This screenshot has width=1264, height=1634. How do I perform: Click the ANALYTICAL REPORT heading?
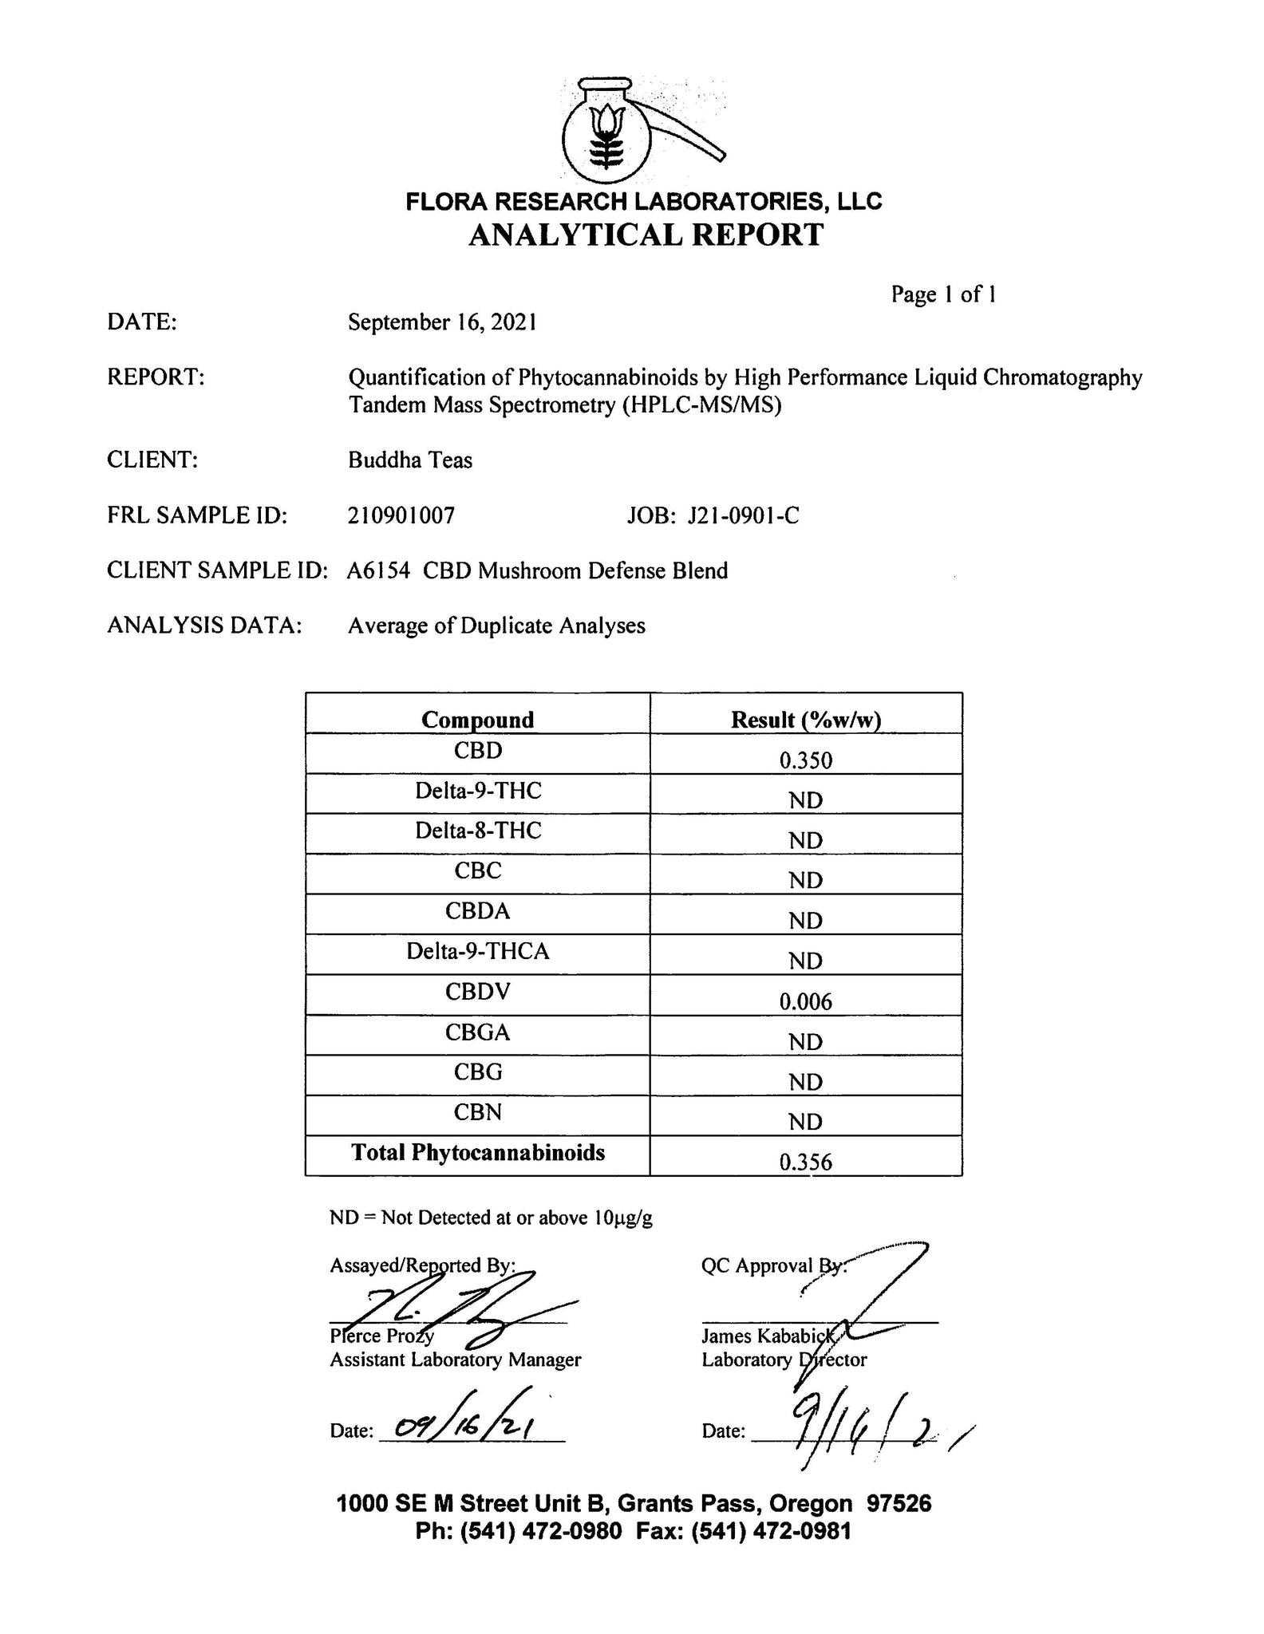point(645,235)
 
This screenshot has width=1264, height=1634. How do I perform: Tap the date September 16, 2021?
point(442,322)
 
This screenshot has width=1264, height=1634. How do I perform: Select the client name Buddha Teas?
point(410,460)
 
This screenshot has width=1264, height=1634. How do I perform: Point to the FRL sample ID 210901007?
point(401,515)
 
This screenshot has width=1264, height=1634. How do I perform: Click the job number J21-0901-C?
point(743,515)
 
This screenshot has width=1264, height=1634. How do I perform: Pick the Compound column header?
point(477,720)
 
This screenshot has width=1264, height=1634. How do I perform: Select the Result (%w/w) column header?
point(806,720)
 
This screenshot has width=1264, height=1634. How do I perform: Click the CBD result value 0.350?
point(806,760)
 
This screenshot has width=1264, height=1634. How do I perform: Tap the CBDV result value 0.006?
point(806,1002)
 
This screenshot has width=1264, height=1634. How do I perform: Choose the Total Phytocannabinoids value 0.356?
point(806,1162)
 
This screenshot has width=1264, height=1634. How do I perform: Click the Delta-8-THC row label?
point(478,831)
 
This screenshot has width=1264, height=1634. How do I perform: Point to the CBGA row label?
point(477,1032)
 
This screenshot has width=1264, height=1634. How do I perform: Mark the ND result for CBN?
point(806,1123)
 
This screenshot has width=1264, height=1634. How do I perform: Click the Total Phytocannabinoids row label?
point(478,1153)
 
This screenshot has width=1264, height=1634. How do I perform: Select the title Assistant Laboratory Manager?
point(456,1360)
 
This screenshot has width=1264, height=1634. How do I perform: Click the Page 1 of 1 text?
point(943,294)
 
